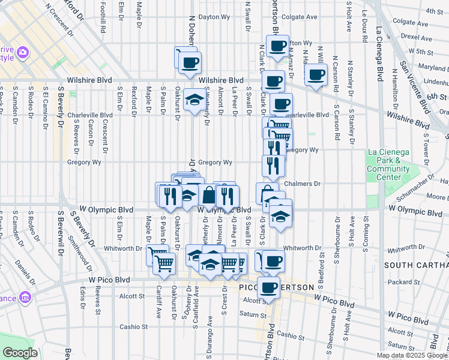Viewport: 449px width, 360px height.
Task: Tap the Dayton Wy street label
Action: pyautogui.click(x=215, y=17)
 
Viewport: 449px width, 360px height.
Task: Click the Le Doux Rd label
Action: pyautogui.click(x=364, y=25)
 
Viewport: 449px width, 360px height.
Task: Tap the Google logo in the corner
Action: pyautogui.click(x=20, y=352)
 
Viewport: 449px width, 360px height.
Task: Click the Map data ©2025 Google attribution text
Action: pyautogui.click(x=411, y=355)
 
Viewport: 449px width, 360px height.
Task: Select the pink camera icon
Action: pyautogui.click(x=23, y=53)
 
